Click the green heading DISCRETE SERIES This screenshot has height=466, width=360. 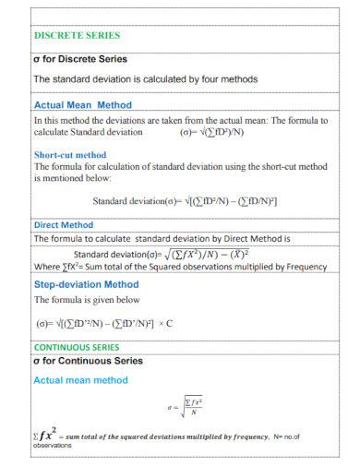tap(77, 36)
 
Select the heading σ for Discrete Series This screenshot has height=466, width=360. tap(79, 59)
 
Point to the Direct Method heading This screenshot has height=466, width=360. tap(64, 224)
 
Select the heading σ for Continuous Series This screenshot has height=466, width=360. tap(88, 360)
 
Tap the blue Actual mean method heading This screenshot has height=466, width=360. tap(80, 379)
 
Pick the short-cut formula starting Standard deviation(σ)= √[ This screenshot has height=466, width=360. tap(185, 201)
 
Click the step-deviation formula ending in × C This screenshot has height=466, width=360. tap(104, 324)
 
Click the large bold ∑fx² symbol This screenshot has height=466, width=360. tap(46, 431)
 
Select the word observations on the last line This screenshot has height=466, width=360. tap(52, 445)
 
